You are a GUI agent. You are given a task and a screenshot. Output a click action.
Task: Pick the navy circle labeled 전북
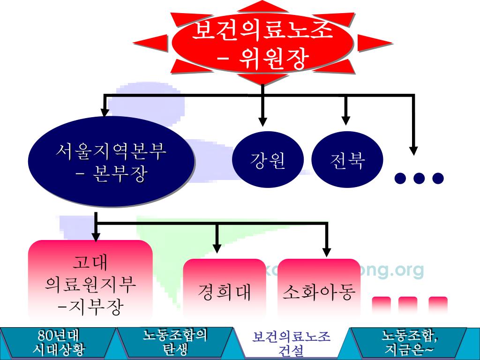347,160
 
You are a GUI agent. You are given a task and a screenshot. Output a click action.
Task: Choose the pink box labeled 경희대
225,291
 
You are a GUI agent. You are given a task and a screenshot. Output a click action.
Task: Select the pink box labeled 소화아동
319,291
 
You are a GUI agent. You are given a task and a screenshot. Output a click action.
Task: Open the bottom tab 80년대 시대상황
59,343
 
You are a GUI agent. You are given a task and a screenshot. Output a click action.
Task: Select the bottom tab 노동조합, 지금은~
409,343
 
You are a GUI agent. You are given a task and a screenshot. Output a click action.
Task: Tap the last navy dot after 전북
438,178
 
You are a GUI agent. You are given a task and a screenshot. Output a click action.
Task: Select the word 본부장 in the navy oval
121,175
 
